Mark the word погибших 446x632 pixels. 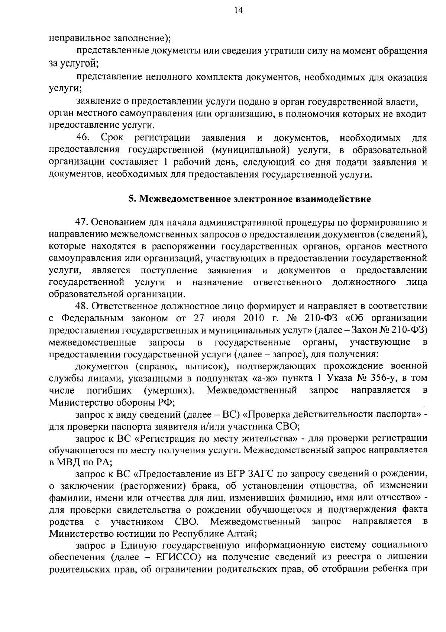pos(109,390)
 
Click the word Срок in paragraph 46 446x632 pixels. pos(113,138)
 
